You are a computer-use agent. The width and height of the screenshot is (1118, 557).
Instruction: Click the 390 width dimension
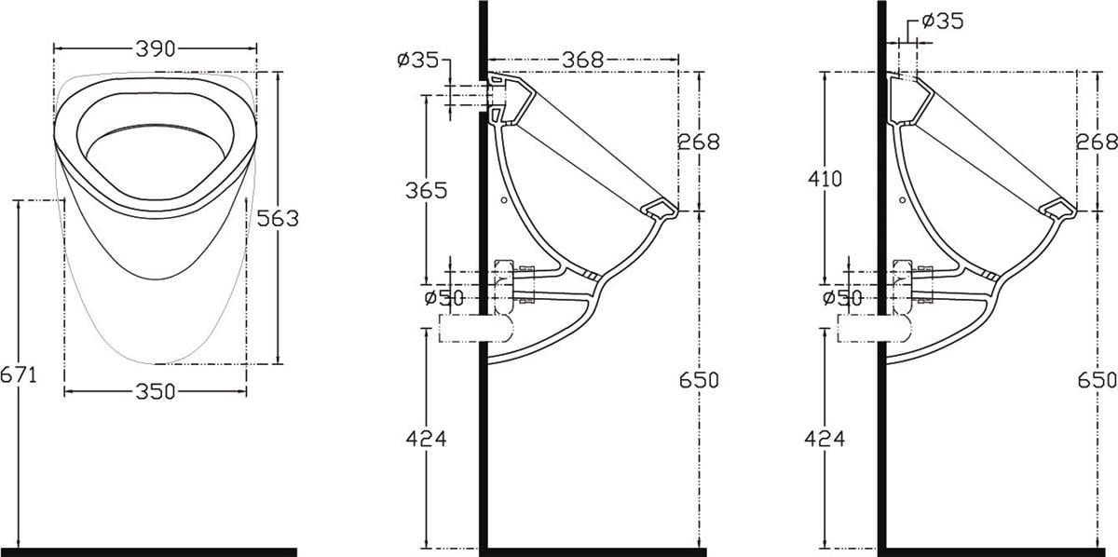pyautogui.click(x=156, y=49)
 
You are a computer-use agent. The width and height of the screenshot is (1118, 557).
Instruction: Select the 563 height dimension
pyautogui.click(x=278, y=218)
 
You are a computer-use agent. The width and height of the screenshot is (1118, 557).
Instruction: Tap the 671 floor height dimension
pyautogui.click(x=19, y=374)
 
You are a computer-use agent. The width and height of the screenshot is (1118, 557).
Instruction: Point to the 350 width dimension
pyautogui.click(x=156, y=392)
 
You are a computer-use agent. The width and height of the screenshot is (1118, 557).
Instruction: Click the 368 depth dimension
pyautogui.click(x=583, y=60)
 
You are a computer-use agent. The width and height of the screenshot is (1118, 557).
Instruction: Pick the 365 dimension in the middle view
pyautogui.click(x=427, y=190)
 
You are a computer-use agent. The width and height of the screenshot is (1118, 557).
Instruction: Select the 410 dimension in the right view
pyautogui.click(x=825, y=178)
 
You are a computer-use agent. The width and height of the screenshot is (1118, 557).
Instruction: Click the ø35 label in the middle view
pyautogui.click(x=417, y=60)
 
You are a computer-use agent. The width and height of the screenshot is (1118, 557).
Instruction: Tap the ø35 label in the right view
pyautogui.click(x=943, y=21)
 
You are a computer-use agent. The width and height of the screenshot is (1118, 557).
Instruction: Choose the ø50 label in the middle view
pyautogui.click(x=444, y=298)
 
